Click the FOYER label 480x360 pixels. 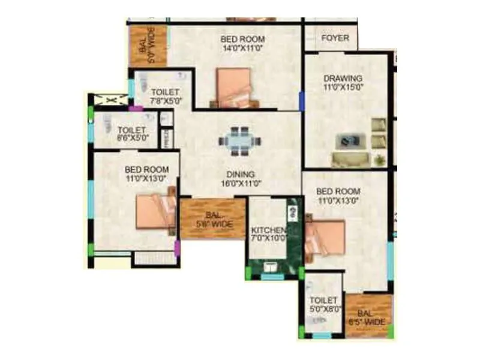click(x=335, y=38)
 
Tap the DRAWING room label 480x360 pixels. click(x=343, y=78)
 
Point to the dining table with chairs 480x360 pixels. click(x=240, y=140)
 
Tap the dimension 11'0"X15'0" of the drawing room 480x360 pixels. click(x=343, y=87)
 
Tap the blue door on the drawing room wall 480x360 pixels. click(x=302, y=100)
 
